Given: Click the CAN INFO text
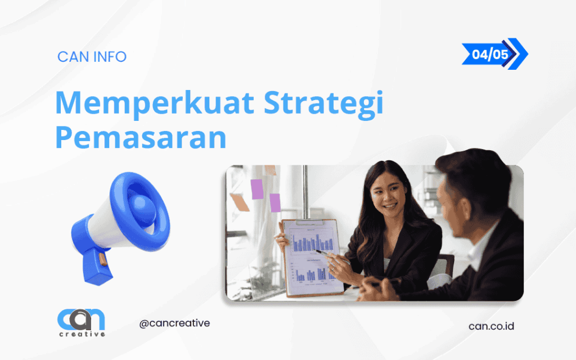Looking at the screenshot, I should point(92,57).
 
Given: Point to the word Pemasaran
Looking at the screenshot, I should point(140,137).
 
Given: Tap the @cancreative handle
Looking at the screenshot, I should point(174,323).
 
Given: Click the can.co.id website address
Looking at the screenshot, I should point(490,326).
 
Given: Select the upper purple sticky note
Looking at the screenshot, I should point(256,188).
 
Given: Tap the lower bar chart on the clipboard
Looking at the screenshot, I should point(312,273).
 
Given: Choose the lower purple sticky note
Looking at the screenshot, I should point(275,202).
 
